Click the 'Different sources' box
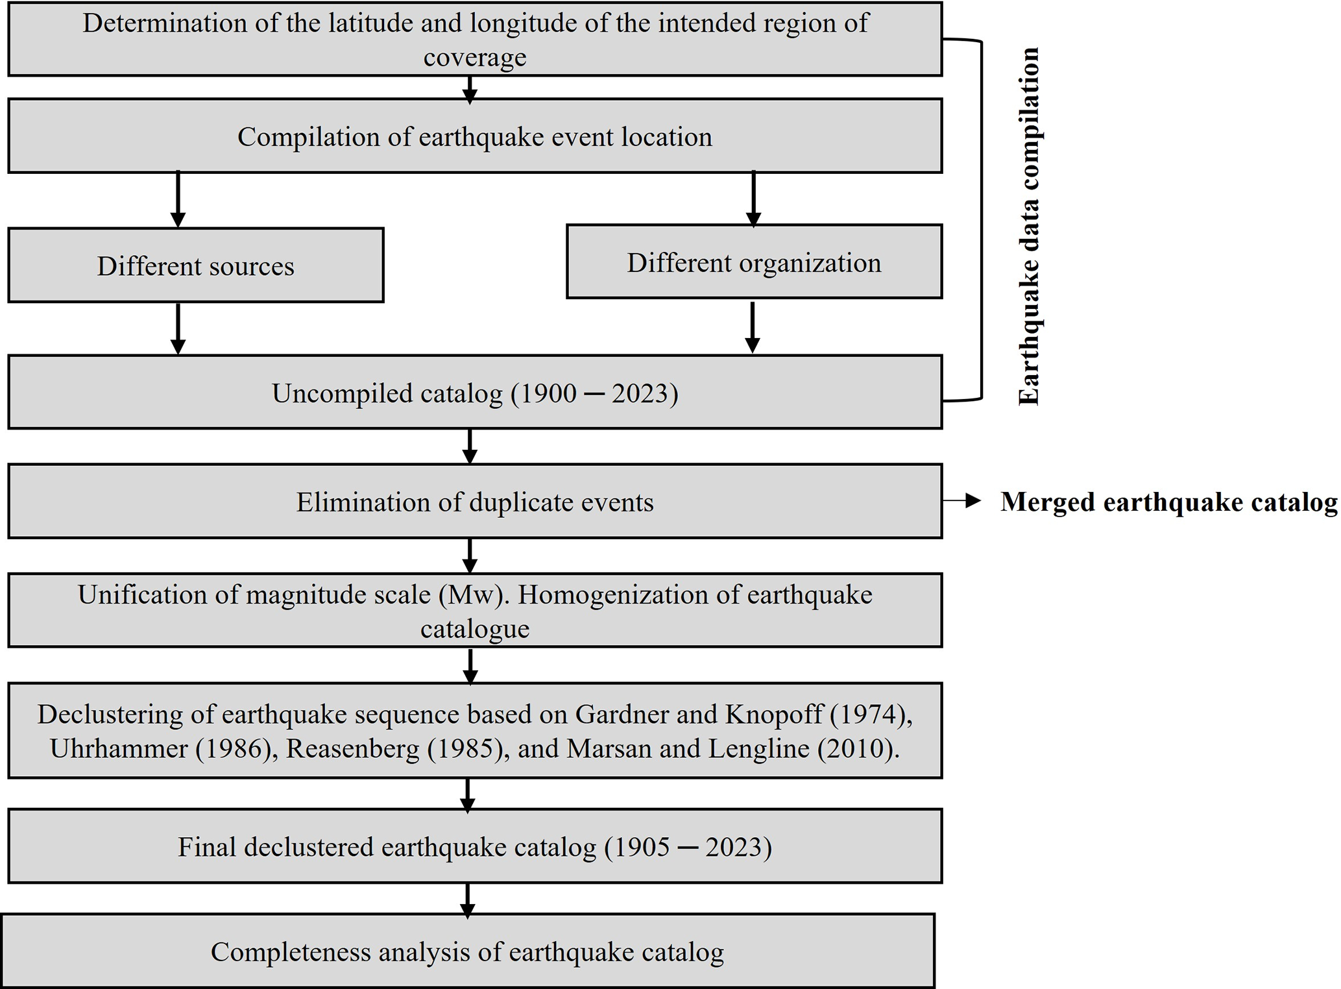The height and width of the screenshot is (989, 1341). pyautogui.click(x=195, y=265)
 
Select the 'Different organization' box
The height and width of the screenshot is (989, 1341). pyautogui.click(x=754, y=262)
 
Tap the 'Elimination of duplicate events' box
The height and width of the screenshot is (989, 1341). pyautogui.click(x=475, y=502)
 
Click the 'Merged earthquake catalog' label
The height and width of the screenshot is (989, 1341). pyautogui.click(x=1168, y=502)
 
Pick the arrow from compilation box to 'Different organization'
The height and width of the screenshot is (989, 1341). pyautogui.click(x=753, y=198)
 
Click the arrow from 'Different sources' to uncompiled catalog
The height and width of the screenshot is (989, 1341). pyautogui.click(x=178, y=328)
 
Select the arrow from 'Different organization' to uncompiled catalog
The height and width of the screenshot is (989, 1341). pyautogui.click(x=753, y=327)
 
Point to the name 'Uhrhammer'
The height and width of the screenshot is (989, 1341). pyautogui.click(x=118, y=749)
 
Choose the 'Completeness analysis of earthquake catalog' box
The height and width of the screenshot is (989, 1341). pyautogui.click(x=467, y=952)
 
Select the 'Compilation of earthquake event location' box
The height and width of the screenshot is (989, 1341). pyautogui.click(x=475, y=136)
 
